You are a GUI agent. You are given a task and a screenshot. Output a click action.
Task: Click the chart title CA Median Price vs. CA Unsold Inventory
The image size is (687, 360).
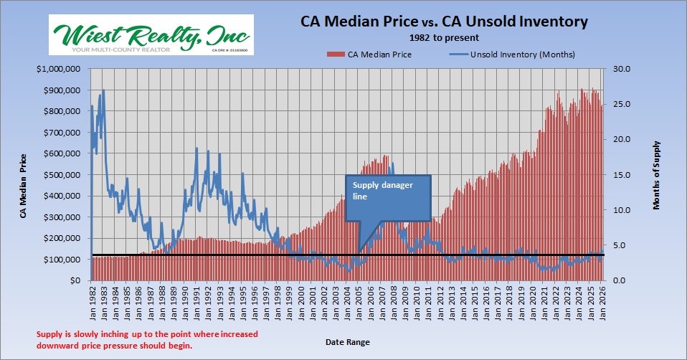443,22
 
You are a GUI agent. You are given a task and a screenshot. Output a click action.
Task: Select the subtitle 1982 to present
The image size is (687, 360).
443,37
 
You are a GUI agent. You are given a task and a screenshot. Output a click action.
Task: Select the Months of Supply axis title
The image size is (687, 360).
656,175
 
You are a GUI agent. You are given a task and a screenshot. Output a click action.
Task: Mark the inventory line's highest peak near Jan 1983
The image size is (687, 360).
104,90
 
